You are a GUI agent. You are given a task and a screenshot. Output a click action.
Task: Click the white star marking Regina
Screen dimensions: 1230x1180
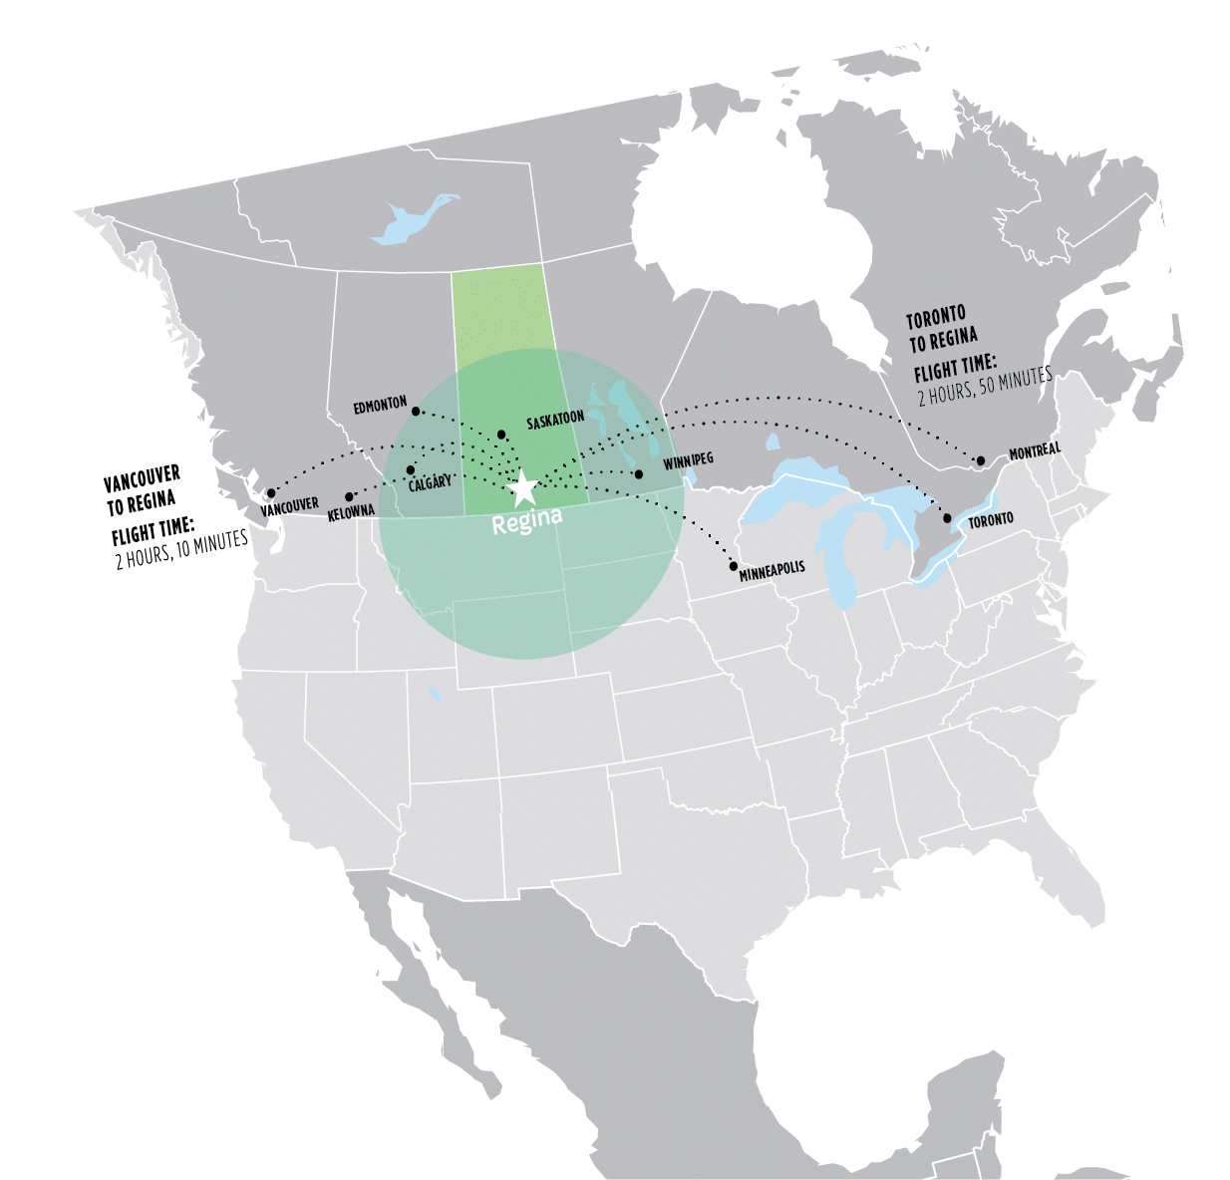[x=522, y=487]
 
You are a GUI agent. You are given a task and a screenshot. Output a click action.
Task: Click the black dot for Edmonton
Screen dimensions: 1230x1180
[x=416, y=411]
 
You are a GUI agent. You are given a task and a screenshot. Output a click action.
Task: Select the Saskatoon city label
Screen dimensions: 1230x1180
[x=555, y=423]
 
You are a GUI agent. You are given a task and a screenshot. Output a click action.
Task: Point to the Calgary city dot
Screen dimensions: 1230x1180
[x=411, y=469]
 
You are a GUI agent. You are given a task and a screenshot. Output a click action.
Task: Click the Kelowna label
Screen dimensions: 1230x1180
[x=351, y=512]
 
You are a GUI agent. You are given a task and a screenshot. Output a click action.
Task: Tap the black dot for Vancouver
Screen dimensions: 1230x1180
[x=270, y=492]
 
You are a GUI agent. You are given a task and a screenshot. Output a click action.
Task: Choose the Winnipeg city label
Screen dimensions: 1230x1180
[x=688, y=459]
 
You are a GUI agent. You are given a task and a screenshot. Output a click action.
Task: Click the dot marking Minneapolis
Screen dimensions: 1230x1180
[x=734, y=566]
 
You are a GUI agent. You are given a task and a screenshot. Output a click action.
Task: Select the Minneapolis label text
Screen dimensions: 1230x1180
[x=771, y=570]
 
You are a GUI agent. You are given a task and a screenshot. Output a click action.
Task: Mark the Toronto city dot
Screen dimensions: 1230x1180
[x=947, y=518]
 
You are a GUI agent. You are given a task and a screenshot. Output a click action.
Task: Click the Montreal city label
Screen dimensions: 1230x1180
[x=1034, y=451]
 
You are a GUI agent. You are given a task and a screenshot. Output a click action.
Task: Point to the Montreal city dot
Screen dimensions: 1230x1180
[x=981, y=460]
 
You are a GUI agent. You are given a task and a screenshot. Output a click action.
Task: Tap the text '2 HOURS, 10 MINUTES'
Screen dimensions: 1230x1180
[x=180, y=548]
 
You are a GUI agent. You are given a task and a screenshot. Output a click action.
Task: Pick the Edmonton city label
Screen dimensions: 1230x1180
[x=380, y=405]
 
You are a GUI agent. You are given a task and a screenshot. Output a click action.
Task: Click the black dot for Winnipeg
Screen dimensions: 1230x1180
[x=639, y=473]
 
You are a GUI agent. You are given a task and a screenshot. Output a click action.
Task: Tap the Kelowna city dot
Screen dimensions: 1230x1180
[x=349, y=496]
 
